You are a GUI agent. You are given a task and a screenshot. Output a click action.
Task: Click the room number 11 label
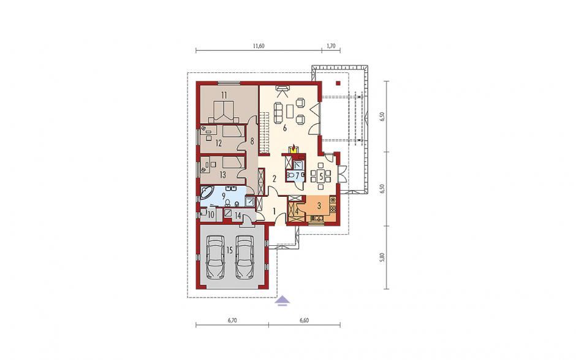(x=224, y=95)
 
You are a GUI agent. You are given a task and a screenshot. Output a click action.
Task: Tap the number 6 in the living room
(x=284, y=128)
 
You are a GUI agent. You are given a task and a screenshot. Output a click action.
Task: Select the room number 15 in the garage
(x=230, y=250)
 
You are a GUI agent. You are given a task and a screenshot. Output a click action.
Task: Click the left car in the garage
(x=216, y=257)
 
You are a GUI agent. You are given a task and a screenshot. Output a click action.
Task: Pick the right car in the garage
(x=244, y=257)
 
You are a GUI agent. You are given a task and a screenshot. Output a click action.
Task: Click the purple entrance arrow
(x=283, y=301)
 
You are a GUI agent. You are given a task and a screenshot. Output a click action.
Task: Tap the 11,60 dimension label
(x=259, y=46)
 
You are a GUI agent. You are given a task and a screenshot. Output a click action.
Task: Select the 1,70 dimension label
(x=331, y=46)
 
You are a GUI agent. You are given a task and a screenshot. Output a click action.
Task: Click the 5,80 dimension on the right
(x=382, y=257)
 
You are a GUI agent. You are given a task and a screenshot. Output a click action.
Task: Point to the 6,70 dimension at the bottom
(x=232, y=320)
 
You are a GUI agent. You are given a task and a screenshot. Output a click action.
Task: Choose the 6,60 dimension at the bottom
(x=304, y=320)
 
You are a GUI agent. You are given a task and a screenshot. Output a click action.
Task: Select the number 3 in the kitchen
(x=319, y=206)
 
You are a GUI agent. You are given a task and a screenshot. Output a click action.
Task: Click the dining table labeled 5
(x=321, y=176)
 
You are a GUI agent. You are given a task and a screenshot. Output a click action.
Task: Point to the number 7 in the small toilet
(x=297, y=175)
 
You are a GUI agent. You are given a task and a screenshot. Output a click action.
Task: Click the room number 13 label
(x=222, y=175)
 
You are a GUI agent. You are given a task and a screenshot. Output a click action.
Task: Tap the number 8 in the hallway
(x=252, y=140)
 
